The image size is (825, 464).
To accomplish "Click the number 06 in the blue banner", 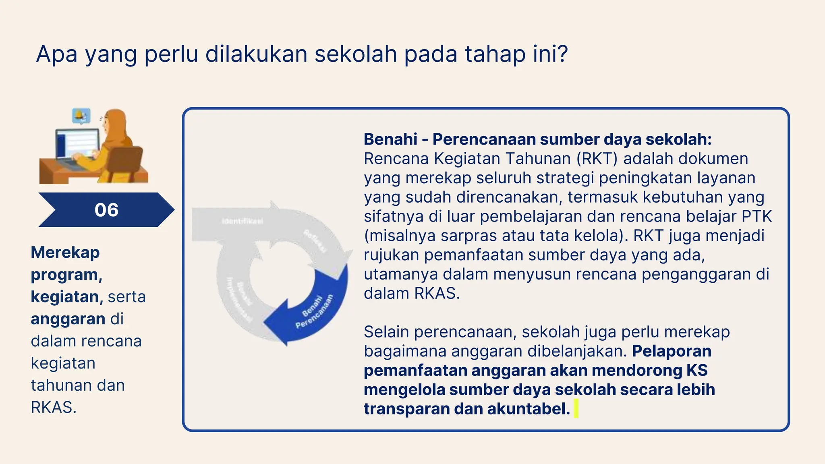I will tap(106, 210).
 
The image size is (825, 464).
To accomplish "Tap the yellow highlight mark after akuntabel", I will tap(576, 408).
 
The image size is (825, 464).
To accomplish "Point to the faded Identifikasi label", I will tap(243, 221).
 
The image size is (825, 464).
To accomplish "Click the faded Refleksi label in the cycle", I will tap(315, 240).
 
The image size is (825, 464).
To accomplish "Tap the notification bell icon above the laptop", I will tap(81, 116).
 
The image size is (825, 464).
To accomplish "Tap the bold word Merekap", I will tap(65, 253).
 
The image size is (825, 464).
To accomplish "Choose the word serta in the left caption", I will tap(126, 297).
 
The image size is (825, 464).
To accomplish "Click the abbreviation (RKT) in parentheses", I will tap(597, 159).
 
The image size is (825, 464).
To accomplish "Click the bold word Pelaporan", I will tap(672, 351).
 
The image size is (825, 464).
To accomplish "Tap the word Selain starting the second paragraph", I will tap(386, 332).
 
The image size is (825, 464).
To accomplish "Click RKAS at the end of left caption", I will tap(53, 408).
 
